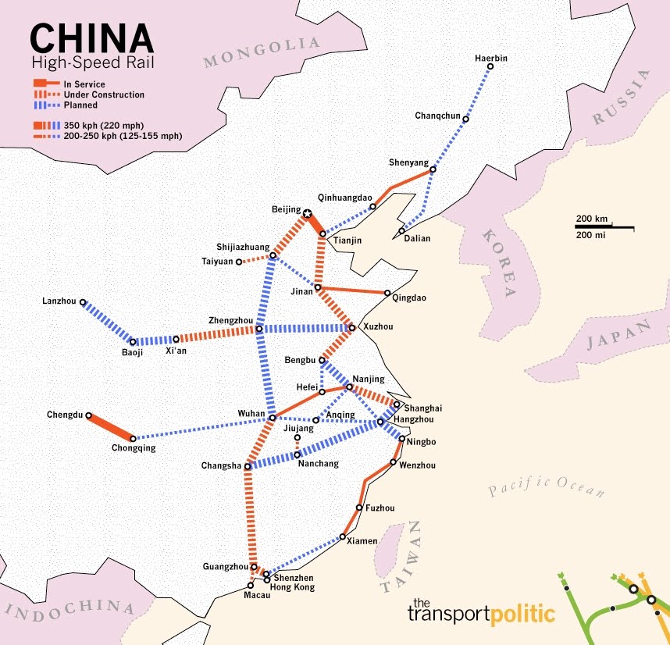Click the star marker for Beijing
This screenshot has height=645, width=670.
(308, 213)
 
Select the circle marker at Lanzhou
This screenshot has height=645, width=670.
(83, 301)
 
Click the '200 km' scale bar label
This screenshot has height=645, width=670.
(592, 218)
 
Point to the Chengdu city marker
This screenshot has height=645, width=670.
(89, 415)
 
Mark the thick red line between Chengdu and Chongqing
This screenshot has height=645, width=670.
(111, 427)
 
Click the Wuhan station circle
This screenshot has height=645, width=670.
(272, 418)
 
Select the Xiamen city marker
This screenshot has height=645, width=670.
(343, 536)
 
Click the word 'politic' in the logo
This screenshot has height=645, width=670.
(522, 614)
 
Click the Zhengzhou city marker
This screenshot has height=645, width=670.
(258, 329)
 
